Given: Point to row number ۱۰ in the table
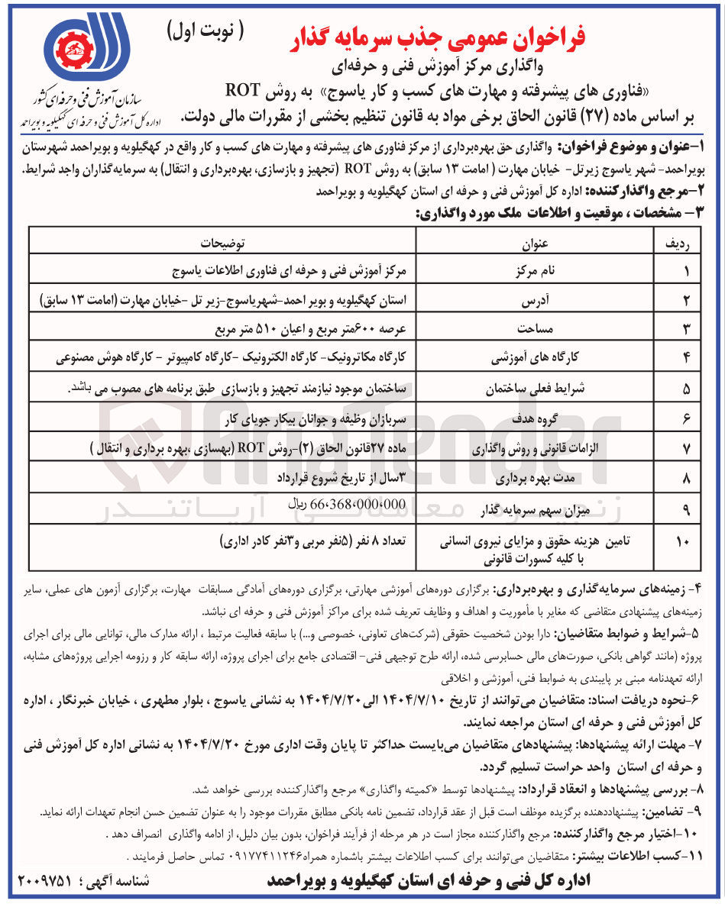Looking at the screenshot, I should pyautogui.click(x=681, y=542).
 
